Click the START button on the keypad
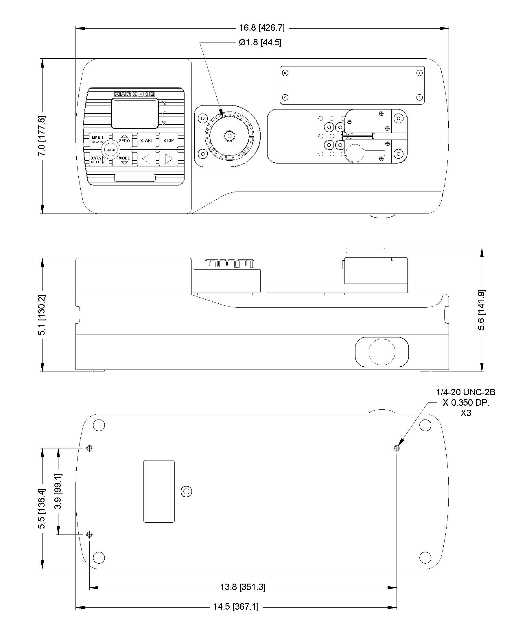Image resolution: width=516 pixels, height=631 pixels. click(147, 140)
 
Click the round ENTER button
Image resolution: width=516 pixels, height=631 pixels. click(110, 150)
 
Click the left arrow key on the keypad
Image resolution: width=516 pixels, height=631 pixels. click(147, 159)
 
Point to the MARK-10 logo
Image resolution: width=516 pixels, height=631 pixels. click(135, 94)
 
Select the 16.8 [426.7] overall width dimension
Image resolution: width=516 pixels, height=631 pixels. click(262, 28)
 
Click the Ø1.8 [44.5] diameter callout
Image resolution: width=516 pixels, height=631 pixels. click(260, 42)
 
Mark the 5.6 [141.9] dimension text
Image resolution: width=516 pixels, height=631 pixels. click(481, 309)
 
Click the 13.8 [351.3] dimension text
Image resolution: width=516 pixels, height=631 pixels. click(243, 587)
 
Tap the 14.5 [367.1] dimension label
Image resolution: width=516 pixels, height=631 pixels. click(236, 607)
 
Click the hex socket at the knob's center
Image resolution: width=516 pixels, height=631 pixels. click(229, 136)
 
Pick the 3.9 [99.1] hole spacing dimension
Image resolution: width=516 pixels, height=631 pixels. click(58, 491)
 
